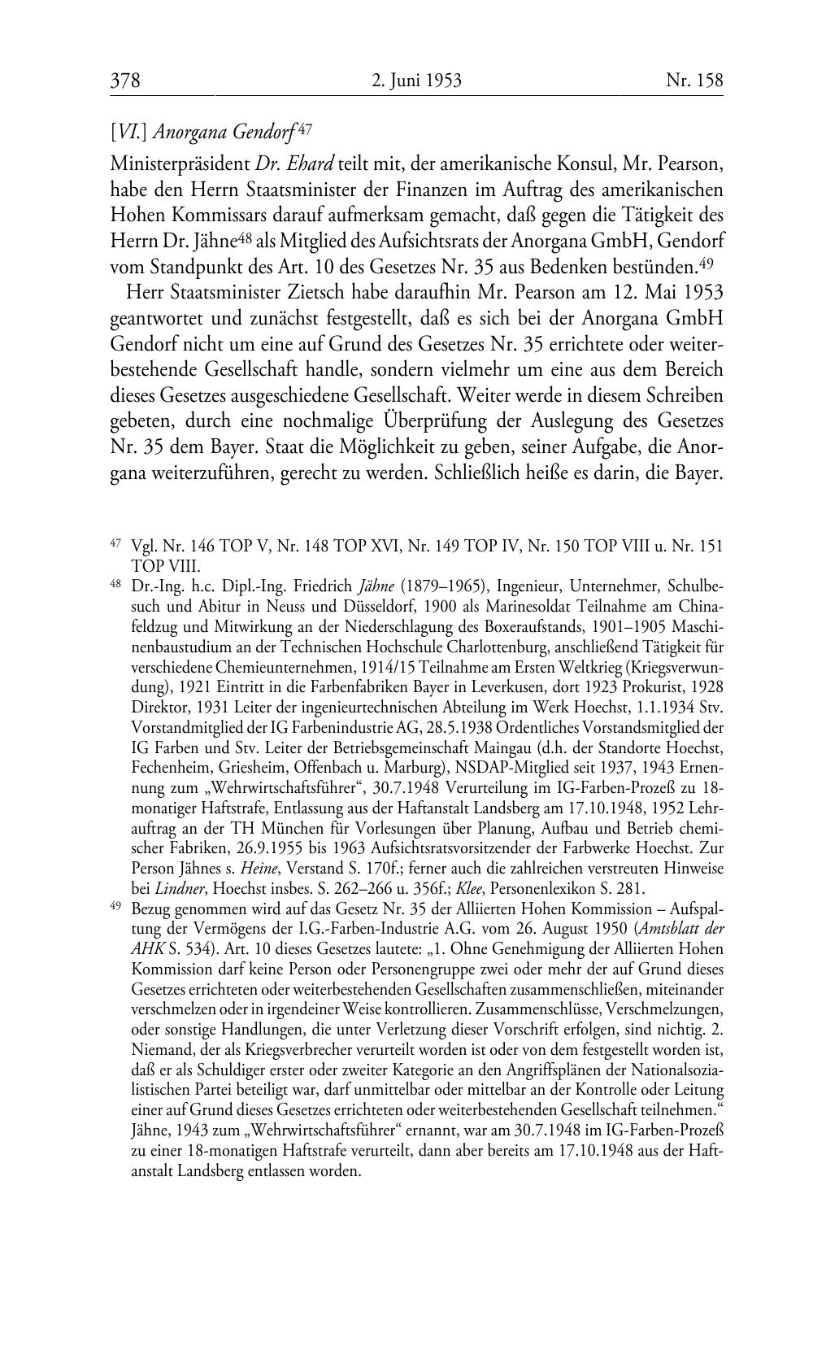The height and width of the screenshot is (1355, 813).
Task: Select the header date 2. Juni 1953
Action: click(x=416, y=81)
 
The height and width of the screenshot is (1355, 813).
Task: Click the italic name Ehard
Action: click(x=305, y=163)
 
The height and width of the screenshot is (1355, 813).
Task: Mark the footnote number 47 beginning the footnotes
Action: click(x=115, y=542)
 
